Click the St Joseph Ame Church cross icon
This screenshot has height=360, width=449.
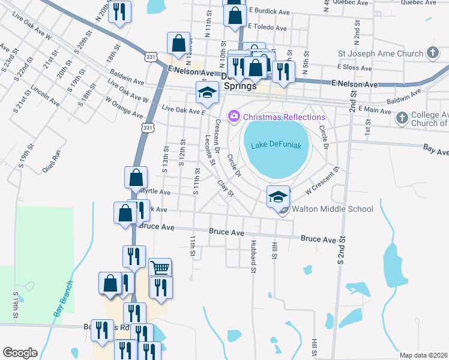coord(432,53)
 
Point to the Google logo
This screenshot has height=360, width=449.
coord(20,353)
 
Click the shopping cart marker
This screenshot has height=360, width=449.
coord(160,268)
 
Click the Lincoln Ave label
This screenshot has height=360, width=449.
coord(45,95)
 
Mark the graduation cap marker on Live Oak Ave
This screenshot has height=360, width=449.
coord(207,92)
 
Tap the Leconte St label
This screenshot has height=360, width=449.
coord(209,149)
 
